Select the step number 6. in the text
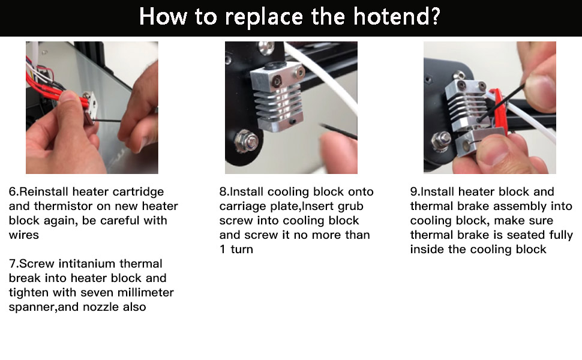(14, 192)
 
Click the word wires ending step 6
(23, 235)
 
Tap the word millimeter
(144, 293)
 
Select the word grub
(351, 206)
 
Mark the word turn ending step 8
(242, 250)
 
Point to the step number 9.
(415, 192)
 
